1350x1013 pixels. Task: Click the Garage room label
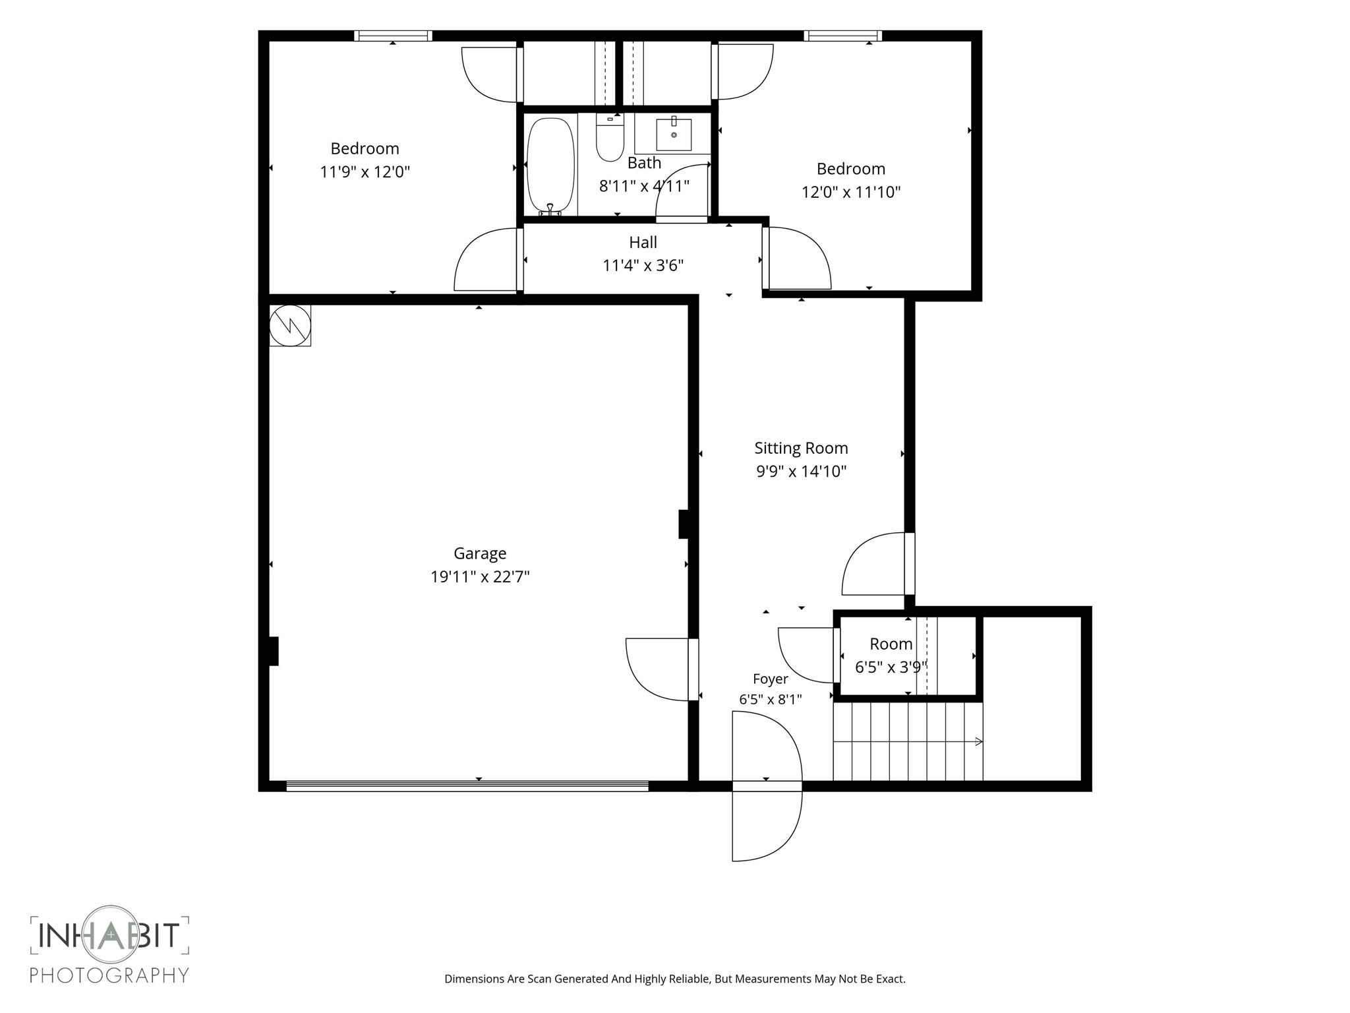pyautogui.click(x=480, y=553)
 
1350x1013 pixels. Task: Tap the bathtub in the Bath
pyautogui.click(x=551, y=166)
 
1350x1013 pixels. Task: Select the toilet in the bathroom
pyautogui.click(x=610, y=137)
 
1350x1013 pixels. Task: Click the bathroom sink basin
pyautogui.click(x=674, y=135)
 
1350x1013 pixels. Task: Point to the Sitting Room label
pyautogui.click(x=801, y=448)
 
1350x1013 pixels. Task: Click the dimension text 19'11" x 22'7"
pyautogui.click(x=480, y=577)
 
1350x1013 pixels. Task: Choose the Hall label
pyautogui.click(x=643, y=242)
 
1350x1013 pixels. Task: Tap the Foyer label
pyautogui.click(x=771, y=679)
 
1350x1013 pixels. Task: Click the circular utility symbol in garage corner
pyautogui.click(x=290, y=324)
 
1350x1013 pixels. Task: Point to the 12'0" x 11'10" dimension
pyautogui.click(x=851, y=192)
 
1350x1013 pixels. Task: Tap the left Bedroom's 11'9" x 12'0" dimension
pyautogui.click(x=365, y=172)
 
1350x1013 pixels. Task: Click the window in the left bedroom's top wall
pyautogui.click(x=393, y=36)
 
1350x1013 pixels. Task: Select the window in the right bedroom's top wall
pyautogui.click(x=842, y=36)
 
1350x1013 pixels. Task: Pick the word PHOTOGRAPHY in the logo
pyautogui.click(x=109, y=975)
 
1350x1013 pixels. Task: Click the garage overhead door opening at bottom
pyautogui.click(x=467, y=785)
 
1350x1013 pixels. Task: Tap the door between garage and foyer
pyautogui.click(x=660, y=669)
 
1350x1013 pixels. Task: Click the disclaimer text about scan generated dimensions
pyautogui.click(x=675, y=979)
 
